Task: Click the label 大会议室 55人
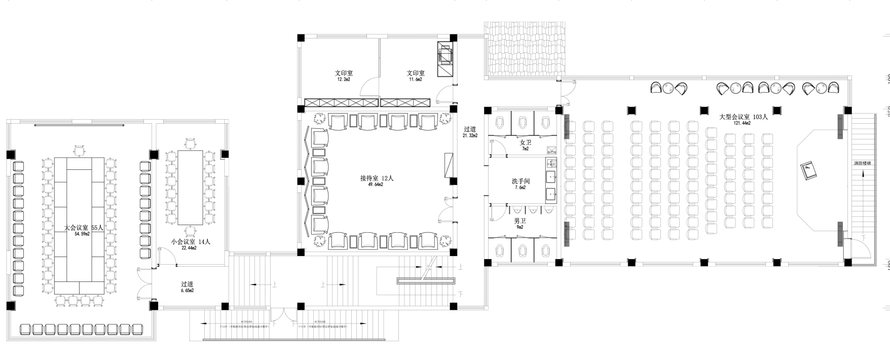pyautogui.click(x=84, y=228)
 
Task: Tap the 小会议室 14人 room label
pyautogui.click(x=191, y=242)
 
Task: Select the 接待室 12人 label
pyautogui.click(x=377, y=178)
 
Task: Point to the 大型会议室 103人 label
pyautogui.click(x=744, y=117)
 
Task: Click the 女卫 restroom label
pyautogui.click(x=525, y=142)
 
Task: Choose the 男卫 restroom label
pyautogui.click(x=520, y=221)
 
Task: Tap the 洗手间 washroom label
pyautogui.click(x=521, y=181)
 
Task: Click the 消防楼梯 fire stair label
pyautogui.click(x=862, y=164)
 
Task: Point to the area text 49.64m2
pyautogui.click(x=376, y=185)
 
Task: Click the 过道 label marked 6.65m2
pyautogui.click(x=188, y=284)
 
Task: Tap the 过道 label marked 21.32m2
pyautogui.click(x=470, y=129)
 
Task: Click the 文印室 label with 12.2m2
pyautogui.click(x=344, y=73)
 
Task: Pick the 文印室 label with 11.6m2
pyautogui.click(x=416, y=73)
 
